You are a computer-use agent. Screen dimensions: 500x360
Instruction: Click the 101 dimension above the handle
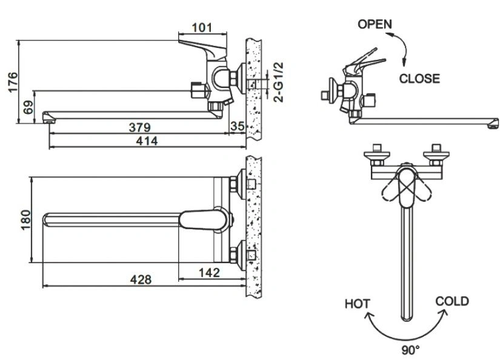(202, 27)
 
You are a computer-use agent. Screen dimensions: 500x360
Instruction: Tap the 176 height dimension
(13, 82)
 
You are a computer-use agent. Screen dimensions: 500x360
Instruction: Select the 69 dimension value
(28, 107)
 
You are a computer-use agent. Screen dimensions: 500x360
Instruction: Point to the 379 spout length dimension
(139, 127)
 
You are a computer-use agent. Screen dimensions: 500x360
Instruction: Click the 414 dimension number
(147, 141)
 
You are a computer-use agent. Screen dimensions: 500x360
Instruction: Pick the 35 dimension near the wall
(237, 126)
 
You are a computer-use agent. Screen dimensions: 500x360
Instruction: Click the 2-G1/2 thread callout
(278, 82)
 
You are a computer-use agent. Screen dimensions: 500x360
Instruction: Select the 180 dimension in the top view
(25, 220)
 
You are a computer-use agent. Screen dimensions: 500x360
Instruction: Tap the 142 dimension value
(209, 273)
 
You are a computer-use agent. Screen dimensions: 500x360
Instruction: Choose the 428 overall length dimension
(141, 279)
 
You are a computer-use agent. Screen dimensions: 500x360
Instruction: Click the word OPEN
(375, 24)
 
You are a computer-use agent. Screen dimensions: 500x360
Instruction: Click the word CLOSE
(419, 78)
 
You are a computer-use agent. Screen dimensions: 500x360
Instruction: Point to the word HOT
(358, 304)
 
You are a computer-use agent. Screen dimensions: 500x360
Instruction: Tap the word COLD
(452, 301)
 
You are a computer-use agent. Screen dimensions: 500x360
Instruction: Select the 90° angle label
(410, 350)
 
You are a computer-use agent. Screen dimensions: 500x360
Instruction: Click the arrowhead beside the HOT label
(369, 316)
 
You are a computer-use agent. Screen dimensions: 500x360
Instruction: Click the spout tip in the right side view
(493, 124)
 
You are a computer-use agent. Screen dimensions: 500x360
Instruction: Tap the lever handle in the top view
(204, 219)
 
